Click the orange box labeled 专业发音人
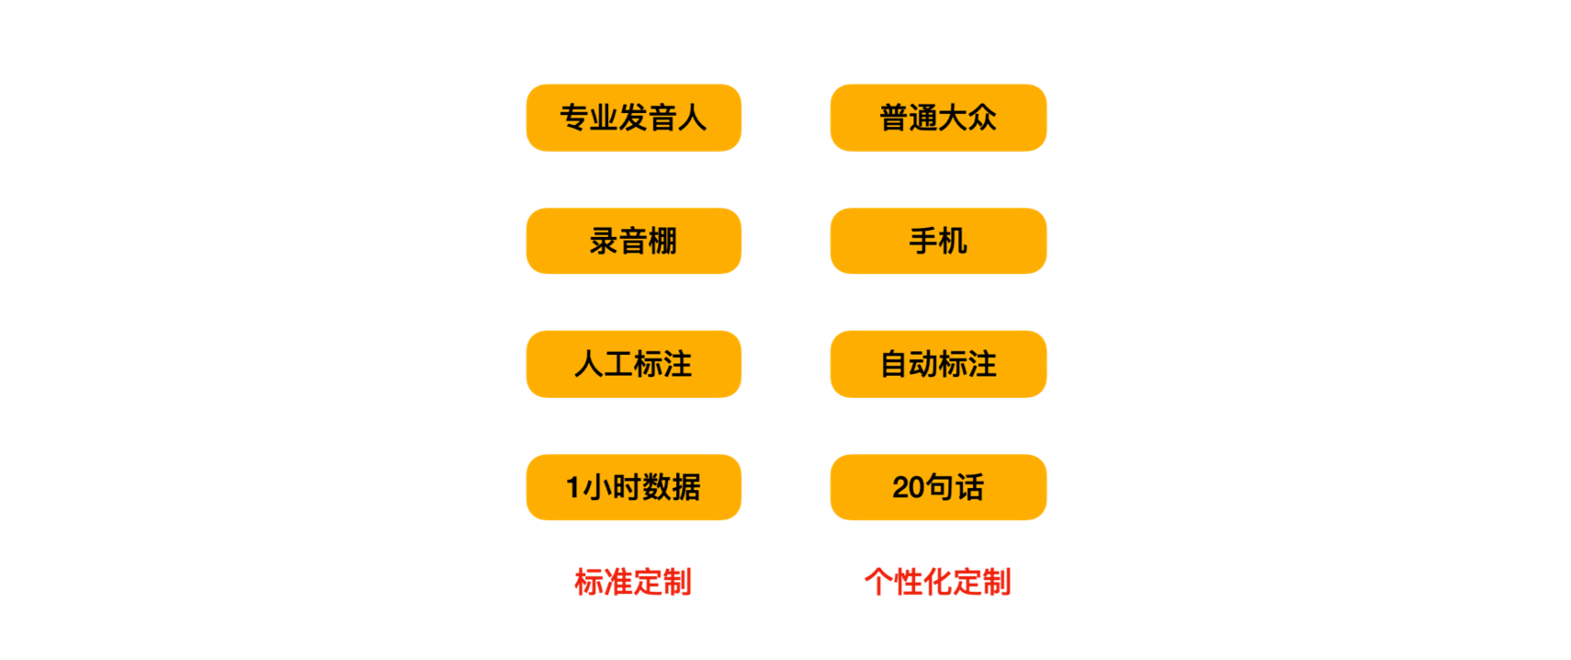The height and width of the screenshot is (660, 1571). click(633, 118)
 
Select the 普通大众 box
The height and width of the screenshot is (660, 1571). click(938, 118)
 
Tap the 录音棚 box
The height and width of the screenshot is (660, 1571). click(633, 241)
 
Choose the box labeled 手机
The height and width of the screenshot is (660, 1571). click(938, 241)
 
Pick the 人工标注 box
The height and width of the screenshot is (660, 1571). click(633, 364)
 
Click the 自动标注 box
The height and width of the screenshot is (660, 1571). click(938, 364)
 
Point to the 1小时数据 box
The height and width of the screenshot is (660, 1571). click(633, 487)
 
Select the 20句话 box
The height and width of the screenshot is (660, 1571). click(938, 487)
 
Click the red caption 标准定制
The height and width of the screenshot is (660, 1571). click(633, 582)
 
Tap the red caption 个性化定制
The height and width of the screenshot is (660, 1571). click(938, 582)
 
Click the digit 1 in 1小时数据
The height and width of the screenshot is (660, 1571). click(572, 487)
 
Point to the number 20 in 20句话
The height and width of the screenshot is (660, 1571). click(909, 487)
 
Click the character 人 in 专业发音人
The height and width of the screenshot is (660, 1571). click(692, 118)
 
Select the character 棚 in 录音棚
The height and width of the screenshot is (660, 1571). click(662, 241)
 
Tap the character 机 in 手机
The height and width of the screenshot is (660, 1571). click(953, 241)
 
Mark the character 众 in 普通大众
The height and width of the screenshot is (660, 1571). click(983, 118)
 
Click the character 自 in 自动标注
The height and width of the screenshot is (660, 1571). click(894, 365)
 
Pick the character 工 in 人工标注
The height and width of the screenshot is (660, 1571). click(618, 365)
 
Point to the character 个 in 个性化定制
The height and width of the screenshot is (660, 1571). click(879, 582)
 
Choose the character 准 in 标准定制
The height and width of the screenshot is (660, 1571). click(618, 582)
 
